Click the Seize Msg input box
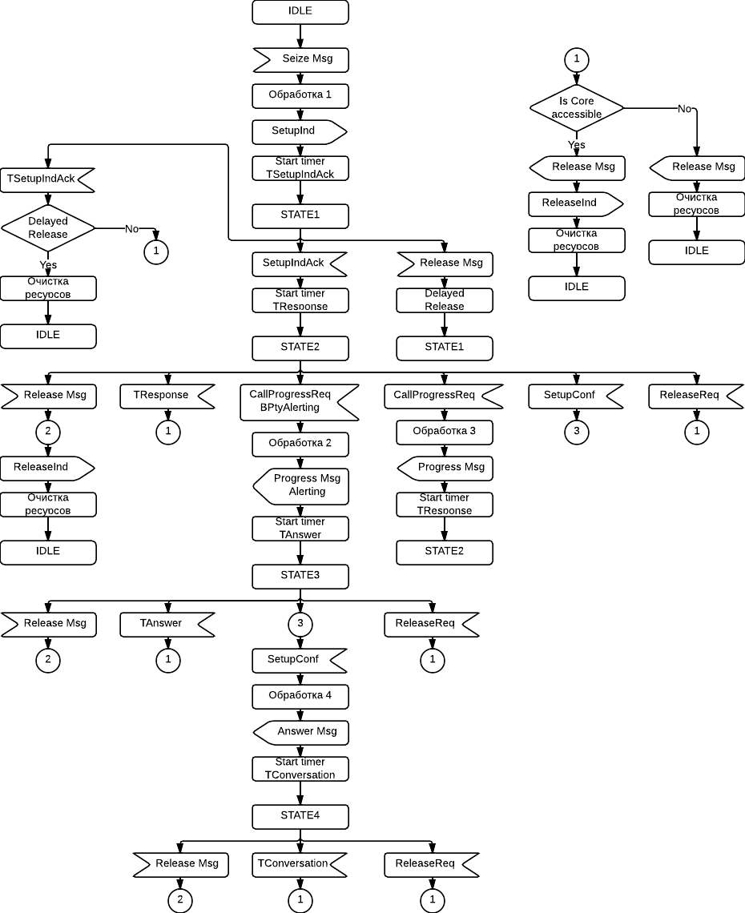tap(300, 59)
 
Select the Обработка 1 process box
tap(300, 95)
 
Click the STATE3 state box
tap(300, 576)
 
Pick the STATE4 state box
tap(300, 816)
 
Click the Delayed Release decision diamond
tap(48, 228)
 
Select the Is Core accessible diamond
tap(577, 108)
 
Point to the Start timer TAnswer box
tap(300, 529)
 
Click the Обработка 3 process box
tap(445, 432)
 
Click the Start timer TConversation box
tap(300, 769)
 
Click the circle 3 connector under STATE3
tap(300, 624)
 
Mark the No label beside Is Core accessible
tap(684, 109)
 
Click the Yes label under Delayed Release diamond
tap(48, 265)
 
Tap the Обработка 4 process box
tap(300, 696)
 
